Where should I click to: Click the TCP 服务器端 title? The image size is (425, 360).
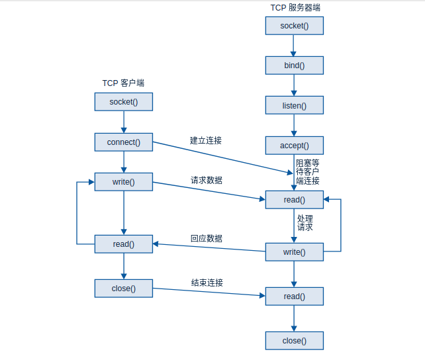pos(295,7)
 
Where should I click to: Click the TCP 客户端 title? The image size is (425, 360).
pos(123,83)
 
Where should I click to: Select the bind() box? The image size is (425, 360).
pos(295,65)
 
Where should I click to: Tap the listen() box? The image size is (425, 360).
pos(295,105)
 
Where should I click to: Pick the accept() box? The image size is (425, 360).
pos(295,146)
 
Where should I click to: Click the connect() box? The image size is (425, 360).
pos(123,142)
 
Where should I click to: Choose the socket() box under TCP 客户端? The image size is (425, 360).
pos(123,101)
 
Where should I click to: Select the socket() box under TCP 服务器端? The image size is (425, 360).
pos(295,25)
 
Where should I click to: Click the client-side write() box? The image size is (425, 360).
pos(123,182)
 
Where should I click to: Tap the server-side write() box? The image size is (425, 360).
pos(295,252)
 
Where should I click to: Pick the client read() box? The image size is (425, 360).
pos(123,244)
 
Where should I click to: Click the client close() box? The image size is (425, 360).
pos(123,288)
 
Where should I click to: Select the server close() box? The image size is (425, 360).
pos(295,341)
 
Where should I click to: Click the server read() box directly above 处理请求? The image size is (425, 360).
pos(295,200)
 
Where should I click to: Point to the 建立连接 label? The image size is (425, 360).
pos(206,140)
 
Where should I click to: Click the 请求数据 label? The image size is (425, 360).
pos(207,180)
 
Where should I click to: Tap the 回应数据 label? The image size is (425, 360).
pos(207,238)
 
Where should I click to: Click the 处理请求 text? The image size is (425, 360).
pos(305,222)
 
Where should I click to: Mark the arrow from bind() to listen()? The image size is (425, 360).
pos(295,85)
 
